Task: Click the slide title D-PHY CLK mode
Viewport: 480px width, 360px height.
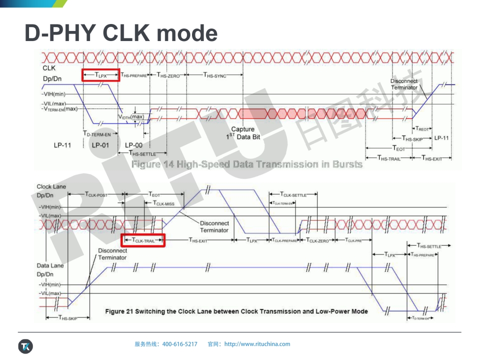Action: [121, 33]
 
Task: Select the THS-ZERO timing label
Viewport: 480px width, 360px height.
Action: [170, 75]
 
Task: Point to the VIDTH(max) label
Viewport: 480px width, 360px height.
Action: [131, 116]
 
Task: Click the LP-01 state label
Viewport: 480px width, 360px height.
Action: [100, 145]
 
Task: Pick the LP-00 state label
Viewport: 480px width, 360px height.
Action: [133, 145]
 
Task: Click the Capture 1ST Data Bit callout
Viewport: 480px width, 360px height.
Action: [242, 133]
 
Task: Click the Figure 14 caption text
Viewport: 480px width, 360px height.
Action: [246, 164]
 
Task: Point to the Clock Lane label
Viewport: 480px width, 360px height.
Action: [50, 186]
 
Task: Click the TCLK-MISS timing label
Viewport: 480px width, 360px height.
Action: [163, 203]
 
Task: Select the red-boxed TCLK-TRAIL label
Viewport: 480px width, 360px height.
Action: [143, 240]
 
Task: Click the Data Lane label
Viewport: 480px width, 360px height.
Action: [50, 265]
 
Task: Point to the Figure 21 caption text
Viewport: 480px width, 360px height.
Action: [236, 311]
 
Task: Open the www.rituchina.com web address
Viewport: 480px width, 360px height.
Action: [257, 344]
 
